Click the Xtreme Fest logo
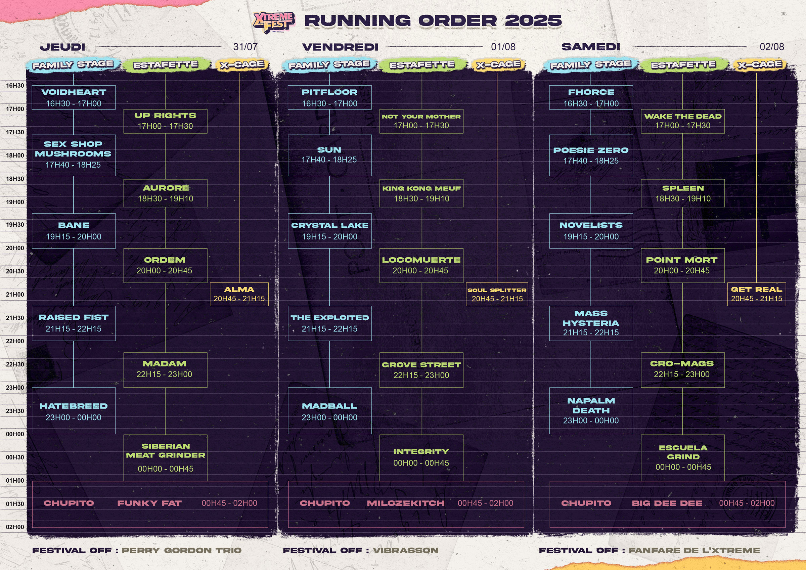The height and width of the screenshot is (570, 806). [x=274, y=23]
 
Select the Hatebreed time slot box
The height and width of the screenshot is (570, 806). [x=74, y=411]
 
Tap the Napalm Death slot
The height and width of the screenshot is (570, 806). [x=591, y=411]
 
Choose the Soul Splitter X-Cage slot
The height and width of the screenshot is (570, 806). [x=497, y=294]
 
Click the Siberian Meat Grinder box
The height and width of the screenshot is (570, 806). [x=165, y=458]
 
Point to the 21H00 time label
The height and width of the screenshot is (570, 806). [x=15, y=295]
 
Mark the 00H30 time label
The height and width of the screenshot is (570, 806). [x=15, y=457]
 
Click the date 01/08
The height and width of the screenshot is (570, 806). [x=503, y=47]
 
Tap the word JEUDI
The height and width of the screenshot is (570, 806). [x=62, y=47]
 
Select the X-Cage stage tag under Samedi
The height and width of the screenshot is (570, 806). [x=760, y=64]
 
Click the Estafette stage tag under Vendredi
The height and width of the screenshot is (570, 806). [x=422, y=64]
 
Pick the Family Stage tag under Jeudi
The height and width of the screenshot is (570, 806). [x=73, y=64]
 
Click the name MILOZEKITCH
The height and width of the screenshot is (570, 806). [x=406, y=503]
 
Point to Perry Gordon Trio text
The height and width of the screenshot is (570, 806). [x=181, y=550]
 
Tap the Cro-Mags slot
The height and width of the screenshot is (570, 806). [x=683, y=370]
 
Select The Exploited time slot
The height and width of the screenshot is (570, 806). [x=330, y=323]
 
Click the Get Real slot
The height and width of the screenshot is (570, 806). [x=757, y=294]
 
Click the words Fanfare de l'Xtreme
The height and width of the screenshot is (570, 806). [x=694, y=550]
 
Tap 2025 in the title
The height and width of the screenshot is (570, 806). [x=533, y=21]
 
